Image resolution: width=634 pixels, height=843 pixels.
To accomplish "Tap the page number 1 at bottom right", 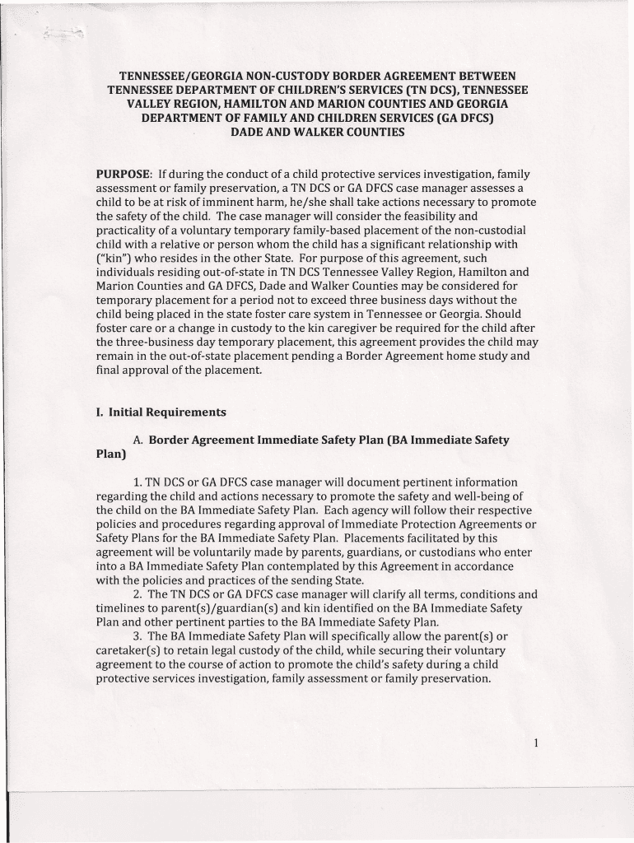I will (x=535, y=744).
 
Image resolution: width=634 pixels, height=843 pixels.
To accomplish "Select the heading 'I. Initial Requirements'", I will (x=161, y=412).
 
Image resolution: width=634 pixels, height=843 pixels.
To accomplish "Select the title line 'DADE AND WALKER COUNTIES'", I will (x=317, y=132).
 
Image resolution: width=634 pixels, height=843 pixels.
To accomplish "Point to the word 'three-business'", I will (x=157, y=342).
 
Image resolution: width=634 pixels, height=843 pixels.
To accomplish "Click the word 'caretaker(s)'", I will (x=130, y=650).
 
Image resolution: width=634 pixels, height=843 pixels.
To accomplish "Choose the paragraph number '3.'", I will (x=138, y=636).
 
